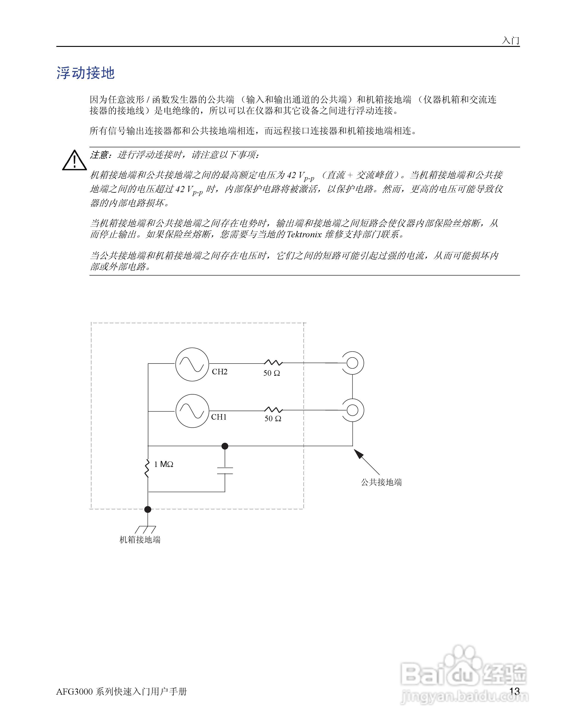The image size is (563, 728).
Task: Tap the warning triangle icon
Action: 74,161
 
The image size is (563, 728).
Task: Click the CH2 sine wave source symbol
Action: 192,364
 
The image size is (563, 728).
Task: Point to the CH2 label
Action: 219,372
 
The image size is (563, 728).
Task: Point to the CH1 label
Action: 219,417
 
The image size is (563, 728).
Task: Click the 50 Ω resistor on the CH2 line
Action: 273,363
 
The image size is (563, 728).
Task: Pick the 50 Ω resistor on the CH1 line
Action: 273,410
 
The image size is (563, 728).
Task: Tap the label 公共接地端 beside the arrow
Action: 381,482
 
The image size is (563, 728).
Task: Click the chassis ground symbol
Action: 145,529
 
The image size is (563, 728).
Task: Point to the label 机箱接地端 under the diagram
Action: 140,540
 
